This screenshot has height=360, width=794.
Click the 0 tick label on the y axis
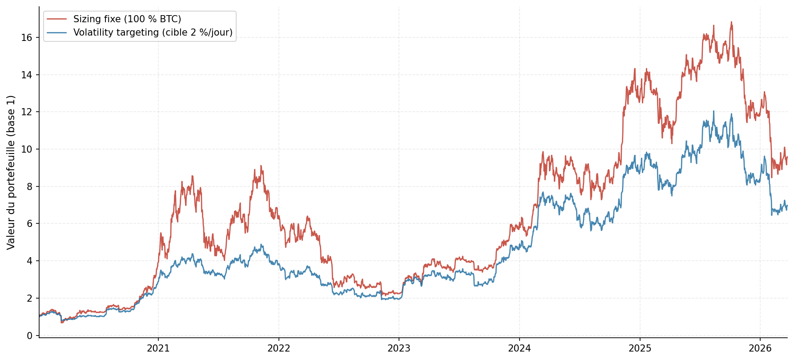coord(30,336)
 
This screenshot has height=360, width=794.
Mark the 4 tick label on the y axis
coord(30,261)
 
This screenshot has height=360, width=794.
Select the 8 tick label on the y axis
coord(30,186)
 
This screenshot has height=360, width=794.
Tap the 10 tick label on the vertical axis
coord(27,149)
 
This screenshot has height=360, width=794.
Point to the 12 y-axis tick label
coord(27,112)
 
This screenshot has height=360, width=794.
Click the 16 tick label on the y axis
coord(27,37)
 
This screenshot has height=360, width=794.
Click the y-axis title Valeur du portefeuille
coord(11,172)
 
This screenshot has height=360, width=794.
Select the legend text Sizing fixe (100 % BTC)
coord(127,19)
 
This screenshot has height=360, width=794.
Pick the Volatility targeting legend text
coord(153,32)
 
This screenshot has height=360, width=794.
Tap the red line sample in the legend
coord(56,19)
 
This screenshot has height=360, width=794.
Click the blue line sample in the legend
coord(56,32)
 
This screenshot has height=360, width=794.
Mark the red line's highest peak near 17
coord(731,22)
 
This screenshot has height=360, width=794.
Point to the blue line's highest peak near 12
coord(713,111)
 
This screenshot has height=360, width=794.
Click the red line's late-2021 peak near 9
coord(261,166)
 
